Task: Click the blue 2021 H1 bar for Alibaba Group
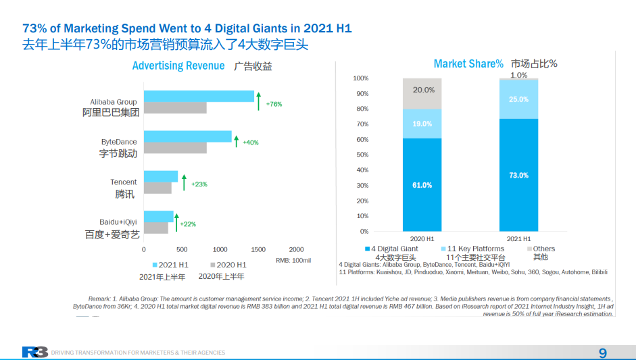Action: pyautogui.click(x=199, y=96)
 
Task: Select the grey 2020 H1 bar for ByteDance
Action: pyautogui.click(x=175, y=148)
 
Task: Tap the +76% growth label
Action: pyautogui.click(x=274, y=104)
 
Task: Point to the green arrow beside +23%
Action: pyautogui.click(x=183, y=181)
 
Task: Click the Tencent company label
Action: pyautogui.click(x=124, y=182)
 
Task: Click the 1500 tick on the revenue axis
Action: pyautogui.click(x=258, y=249)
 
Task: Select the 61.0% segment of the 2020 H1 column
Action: pyautogui.click(x=422, y=185)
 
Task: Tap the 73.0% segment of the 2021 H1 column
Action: pyautogui.click(x=518, y=175)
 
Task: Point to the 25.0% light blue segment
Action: pyautogui.click(x=518, y=99)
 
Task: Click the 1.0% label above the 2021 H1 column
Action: pyautogui.click(x=518, y=76)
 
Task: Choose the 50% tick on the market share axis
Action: pyautogui.click(x=362, y=155)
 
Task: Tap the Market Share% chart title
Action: pyautogui.click(x=468, y=63)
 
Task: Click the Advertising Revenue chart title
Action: pyautogui.click(x=178, y=66)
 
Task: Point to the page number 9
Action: pyautogui.click(x=602, y=353)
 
